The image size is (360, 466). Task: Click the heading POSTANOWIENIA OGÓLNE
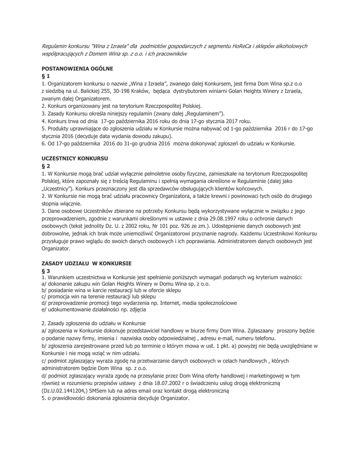[x=77, y=68]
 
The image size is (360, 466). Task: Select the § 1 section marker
[x=46, y=76]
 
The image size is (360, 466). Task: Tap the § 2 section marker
[x=46, y=166]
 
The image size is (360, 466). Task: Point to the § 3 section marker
[x=46, y=271]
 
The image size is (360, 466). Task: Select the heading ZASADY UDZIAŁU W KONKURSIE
[x=86, y=263]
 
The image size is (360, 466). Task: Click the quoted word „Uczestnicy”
[x=56, y=188]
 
